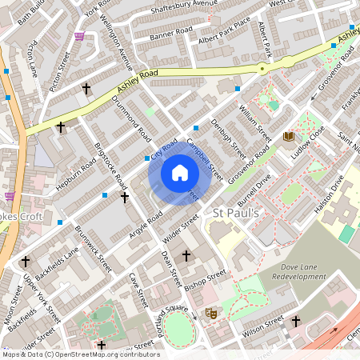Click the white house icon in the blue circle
180,173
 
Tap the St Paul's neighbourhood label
237,213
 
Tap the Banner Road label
172,34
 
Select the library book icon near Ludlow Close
288,137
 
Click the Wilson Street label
263,325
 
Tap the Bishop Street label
205,281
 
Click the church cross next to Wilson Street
295,321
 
